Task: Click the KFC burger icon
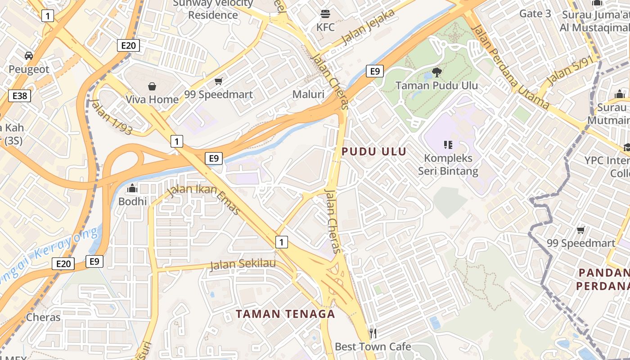click(x=325, y=13)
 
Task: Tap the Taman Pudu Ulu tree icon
click(x=436, y=72)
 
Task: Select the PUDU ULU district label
click(x=374, y=152)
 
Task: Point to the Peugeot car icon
click(x=29, y=56)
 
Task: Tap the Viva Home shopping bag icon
click(x=152, y=86)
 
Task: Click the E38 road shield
click(x=19, y=96)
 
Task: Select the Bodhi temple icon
click(x=132, y=188)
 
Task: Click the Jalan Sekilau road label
click(x=243, y=264)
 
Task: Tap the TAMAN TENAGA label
click(x=286, y=314)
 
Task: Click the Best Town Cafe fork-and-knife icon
click(x=373, y=333)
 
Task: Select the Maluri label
click(x=308, y=94)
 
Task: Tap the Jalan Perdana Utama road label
click(x=510, y=67)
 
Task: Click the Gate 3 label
click(x=535, y=13)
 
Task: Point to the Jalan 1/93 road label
click(x=112, y=117)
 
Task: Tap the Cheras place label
click(x=43, y=317)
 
